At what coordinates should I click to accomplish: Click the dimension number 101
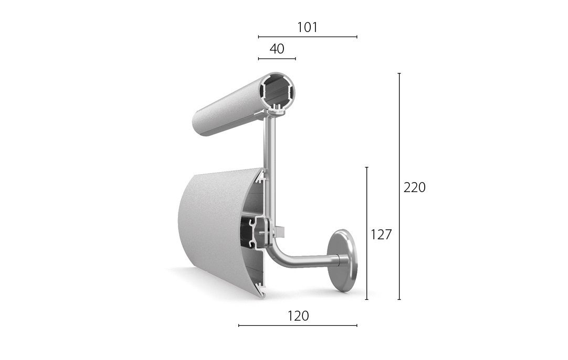(x=307, y=27)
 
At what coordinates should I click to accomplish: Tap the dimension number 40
(x=277, y=48)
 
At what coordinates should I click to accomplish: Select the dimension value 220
(x=414, y=187)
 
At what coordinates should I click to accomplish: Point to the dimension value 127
(x=381, y=235)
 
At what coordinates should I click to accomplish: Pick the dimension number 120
(x=298, y=316)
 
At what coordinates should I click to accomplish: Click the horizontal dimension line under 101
(x=308, y=37)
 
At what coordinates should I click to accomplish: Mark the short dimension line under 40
(x=277, y=58)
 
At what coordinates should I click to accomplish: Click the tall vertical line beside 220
(x=399, y=186)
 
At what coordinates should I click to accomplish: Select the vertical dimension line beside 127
(x=367, y=233)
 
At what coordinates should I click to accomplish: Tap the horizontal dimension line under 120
(x=298, y=325)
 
